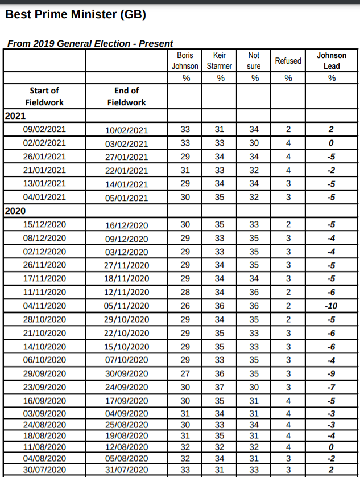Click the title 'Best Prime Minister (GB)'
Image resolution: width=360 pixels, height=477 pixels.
click(76, 15)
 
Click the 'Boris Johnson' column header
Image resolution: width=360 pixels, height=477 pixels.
click(185, 60)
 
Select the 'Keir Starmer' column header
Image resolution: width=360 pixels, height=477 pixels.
click(220, 60)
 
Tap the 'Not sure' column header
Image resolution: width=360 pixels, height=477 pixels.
click(254, 60)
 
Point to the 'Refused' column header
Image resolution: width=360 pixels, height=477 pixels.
click(288, 60)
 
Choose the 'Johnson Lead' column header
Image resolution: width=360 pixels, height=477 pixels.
click(332, 60)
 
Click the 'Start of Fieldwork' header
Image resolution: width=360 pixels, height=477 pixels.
click(44, 96)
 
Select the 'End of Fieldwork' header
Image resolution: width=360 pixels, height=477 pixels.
click(126, 96)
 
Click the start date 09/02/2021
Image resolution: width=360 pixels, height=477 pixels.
click(44, 130)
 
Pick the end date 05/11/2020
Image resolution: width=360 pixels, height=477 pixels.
click(126, 306)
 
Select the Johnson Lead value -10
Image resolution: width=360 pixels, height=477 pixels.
click(332, 306)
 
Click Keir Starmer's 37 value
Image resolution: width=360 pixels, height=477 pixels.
click(220, 387)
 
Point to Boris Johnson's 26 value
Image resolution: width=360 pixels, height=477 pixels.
click(185, 306)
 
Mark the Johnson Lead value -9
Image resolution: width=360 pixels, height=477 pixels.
click(332, 373)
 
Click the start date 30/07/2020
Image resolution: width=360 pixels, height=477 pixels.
click(44, 470)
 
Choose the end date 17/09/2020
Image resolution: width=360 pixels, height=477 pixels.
click(126, 401)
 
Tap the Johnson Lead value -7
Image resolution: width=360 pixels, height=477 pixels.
click(332, 387)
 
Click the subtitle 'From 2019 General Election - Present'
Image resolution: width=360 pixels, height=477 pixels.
click(90, 44)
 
